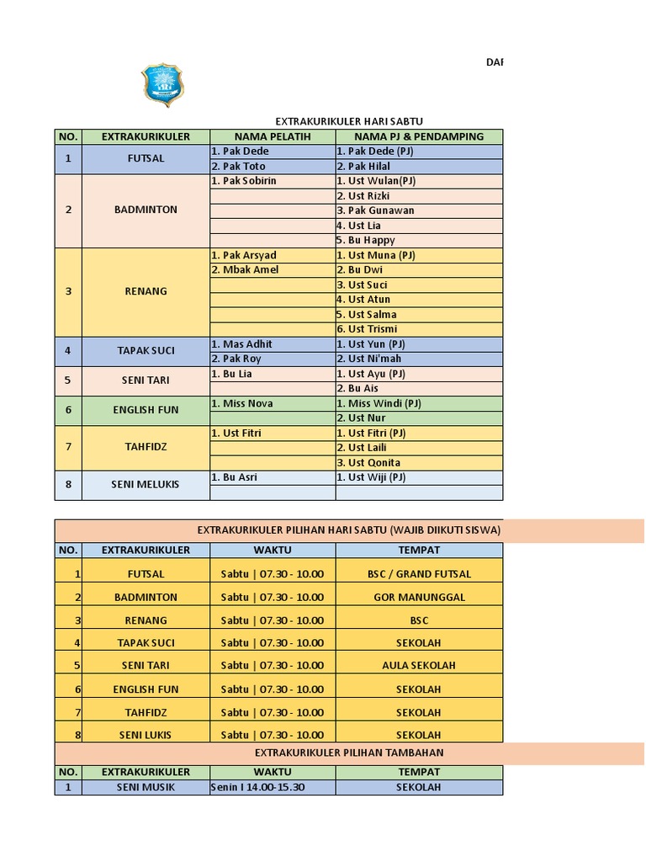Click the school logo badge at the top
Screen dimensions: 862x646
(x=161, y=84)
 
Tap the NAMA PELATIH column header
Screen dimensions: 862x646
(x=273, y=136)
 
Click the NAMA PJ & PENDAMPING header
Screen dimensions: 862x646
(x=419, y=136)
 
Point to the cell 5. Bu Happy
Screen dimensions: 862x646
(x=366, y=240)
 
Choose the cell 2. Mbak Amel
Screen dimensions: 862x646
(x=245, y=270)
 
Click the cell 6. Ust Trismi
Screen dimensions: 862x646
(x=367, y=329)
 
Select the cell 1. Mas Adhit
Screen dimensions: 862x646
(x=242, y=344)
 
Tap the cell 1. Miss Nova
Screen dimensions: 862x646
(x=242, y=403)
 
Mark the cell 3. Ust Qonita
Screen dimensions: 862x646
(x=368, y=462)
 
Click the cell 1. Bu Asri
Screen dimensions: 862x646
(x=235, y=477)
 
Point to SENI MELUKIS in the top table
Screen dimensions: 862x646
(x=146, y=485)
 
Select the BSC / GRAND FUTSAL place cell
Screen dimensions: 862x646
(x=419, y=574)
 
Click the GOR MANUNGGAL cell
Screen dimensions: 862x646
(x=419, y=597)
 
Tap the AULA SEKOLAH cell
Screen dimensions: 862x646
(x=419, y=665)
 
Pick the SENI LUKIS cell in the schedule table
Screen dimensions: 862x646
(x=146, y=735)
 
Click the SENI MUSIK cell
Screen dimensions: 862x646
(x=146, y=788)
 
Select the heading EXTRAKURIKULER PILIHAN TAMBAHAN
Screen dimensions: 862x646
(x=349, y=753)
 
